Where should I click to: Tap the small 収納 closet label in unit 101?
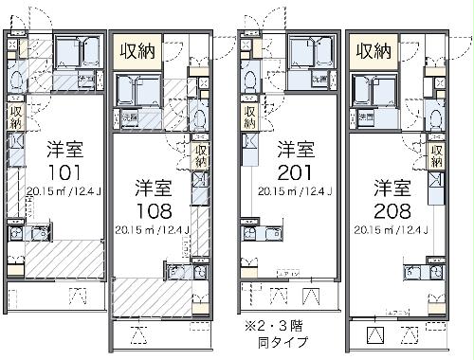click(x=16, y=116)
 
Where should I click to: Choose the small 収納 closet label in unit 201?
click(x=248, y=116)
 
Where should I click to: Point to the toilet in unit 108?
click(x=201, y=117)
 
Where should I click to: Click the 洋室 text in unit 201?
click(x=294, y=149)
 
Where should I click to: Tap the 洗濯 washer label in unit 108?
click(x=129, y=117)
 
